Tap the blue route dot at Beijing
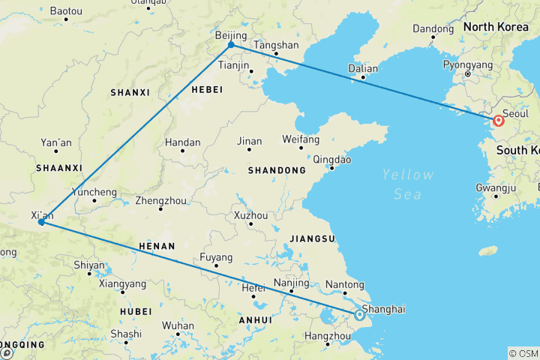pyautogui.click(x=231, y=45)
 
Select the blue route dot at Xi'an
pyautogui.click(x=41, y=222)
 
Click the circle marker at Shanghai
pyautogui.click(x=359, y=316)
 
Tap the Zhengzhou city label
pyautogui.click(x=160, y=200)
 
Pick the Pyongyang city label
pyautogui.click(x=468, y=65)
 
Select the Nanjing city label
pyautogui.click(x=292, y=283)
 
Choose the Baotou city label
pyautogui.click(x=67, y=11)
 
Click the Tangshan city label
pyautogui.click(x=277, y=44)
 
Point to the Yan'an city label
pyautogui.click(x=57, y=142)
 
